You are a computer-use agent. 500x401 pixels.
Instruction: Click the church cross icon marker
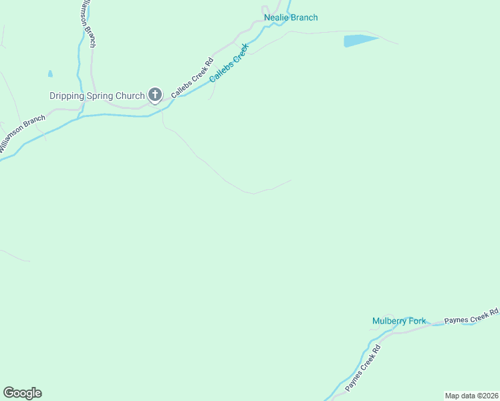pos(155,95)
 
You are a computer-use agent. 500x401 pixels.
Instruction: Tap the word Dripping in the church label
pos(67,96)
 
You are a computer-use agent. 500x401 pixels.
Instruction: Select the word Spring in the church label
pos(100,96)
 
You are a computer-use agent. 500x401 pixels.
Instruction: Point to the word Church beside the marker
pos(130,96)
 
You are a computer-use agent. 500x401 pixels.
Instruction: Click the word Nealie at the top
pos(276,17)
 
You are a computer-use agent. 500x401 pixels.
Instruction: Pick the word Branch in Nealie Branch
pos(304,17)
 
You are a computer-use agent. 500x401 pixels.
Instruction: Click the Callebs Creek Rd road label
pos(192,79)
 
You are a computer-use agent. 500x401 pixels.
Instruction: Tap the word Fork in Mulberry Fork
pos(418,321)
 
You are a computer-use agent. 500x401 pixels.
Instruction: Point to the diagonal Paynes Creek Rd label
pos(363,368)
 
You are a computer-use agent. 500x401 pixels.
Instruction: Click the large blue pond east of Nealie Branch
pos(360,41)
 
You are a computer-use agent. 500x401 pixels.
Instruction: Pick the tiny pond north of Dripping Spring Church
pos(50,74)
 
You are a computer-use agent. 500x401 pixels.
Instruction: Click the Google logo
pos(22,393)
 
